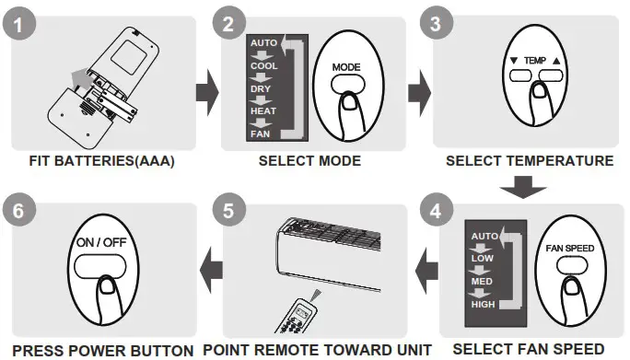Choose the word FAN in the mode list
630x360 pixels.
pyautogui.click(x=260, y=134)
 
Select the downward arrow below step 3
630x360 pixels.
pyautogui.click(x=529, y=190)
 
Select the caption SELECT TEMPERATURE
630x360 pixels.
pyautogui.click(x=529, y=161)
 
